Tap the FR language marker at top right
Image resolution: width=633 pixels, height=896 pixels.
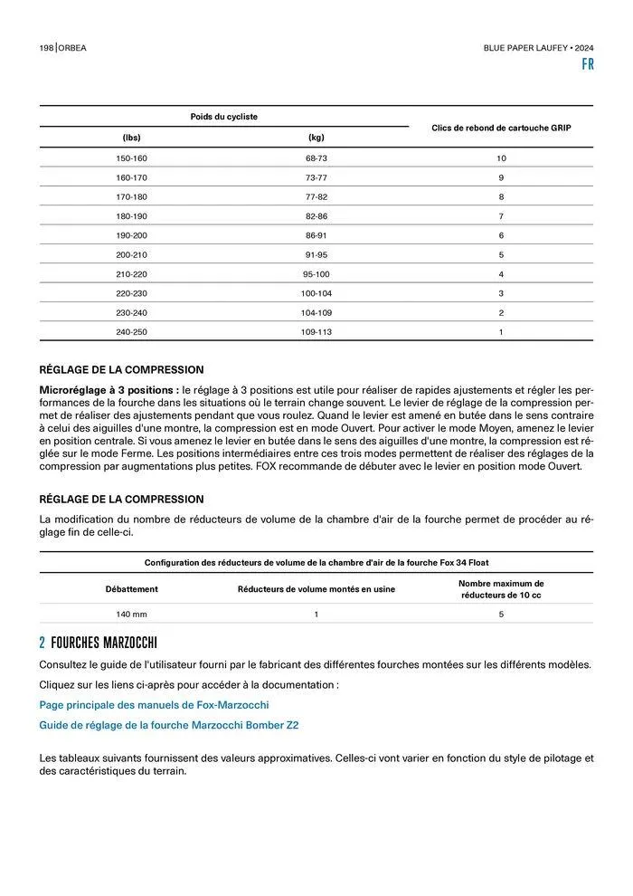(x=588, y=65)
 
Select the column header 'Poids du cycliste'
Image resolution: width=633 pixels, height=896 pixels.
(x=223, y=117)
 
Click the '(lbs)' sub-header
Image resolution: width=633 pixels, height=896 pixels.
(x=131, y=138)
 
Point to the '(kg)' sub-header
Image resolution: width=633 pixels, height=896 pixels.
(x=316, y=138)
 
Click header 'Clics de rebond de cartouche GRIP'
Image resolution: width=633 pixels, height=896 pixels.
(x=501, y=128)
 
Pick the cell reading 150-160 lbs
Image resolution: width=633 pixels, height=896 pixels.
(x=131, y=158)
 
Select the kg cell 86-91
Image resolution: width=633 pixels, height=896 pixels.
(x=316, y=235)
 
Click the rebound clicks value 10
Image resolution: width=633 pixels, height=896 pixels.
(x=500, y=158)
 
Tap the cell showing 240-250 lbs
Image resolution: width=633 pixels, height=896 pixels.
(x=131, y=332)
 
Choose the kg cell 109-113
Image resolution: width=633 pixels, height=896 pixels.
(x=316, y=332)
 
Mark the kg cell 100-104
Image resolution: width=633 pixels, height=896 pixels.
(x=316, y=293)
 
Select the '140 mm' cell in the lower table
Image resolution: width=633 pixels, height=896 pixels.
(x=131, y=614)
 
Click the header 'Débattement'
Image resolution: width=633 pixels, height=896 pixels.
(x=131, y=589)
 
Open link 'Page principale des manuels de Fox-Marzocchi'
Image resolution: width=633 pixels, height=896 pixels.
(x=154, y=704)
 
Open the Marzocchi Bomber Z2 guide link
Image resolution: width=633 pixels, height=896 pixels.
(x=169, y=725)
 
